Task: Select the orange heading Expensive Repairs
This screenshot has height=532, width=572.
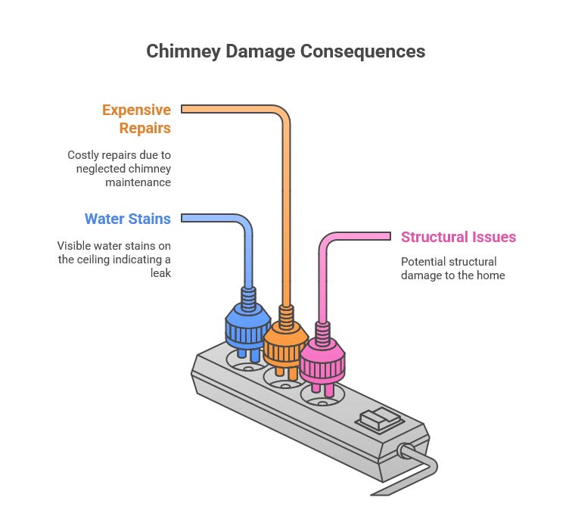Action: point(136,118)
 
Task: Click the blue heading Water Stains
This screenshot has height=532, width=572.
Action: point(127,219)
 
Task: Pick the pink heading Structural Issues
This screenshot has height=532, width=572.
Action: point(459,237)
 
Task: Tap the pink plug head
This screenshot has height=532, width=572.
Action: point(322,358)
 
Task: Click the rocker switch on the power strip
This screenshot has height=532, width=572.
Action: point(377,419)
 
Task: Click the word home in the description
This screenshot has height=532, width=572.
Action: point(490,275)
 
